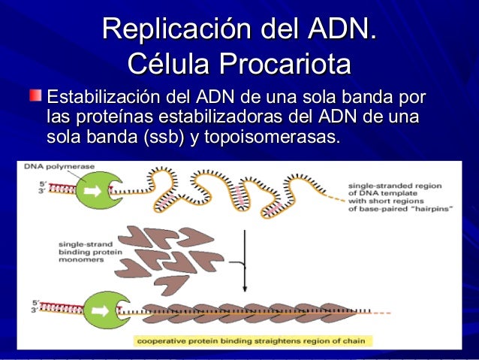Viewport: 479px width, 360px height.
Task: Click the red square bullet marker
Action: (35, 97)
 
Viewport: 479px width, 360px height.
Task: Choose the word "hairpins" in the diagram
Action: (431, 209)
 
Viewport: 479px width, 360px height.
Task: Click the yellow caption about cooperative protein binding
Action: (250, 341)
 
